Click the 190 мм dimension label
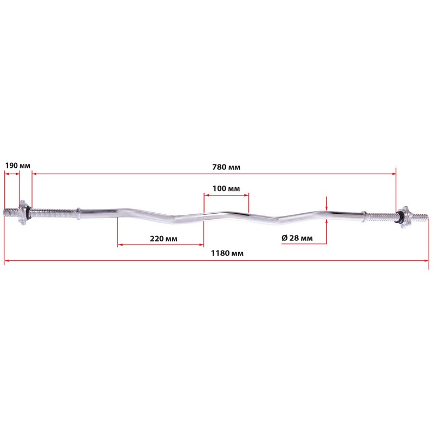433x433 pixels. coord(18,166)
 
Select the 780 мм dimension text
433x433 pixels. coord(226,167)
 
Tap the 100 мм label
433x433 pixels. coord(226,188)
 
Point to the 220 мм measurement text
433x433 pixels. coord(163,239)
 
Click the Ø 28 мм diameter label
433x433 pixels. coord(297,238)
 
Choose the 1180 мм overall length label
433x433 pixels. coord(227,253)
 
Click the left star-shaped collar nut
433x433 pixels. coord(23,212)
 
